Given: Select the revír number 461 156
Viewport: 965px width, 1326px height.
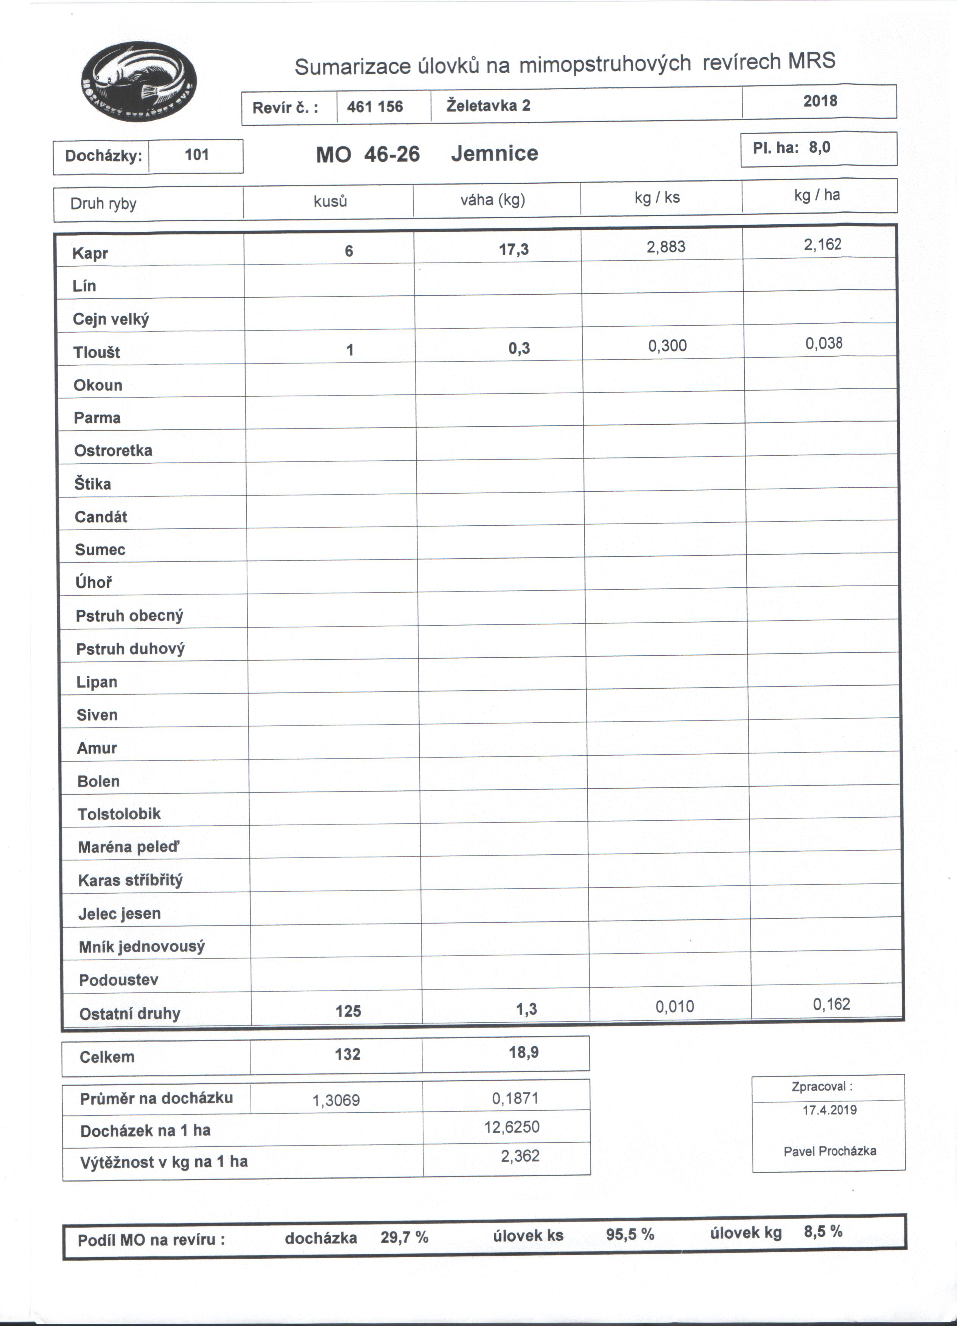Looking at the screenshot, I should click(378, 107).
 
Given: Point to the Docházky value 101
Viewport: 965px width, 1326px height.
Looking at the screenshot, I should click(198, 155).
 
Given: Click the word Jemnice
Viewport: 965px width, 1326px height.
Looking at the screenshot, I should click(498, 154).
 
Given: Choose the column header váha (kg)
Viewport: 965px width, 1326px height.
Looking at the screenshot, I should click(496, 200).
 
